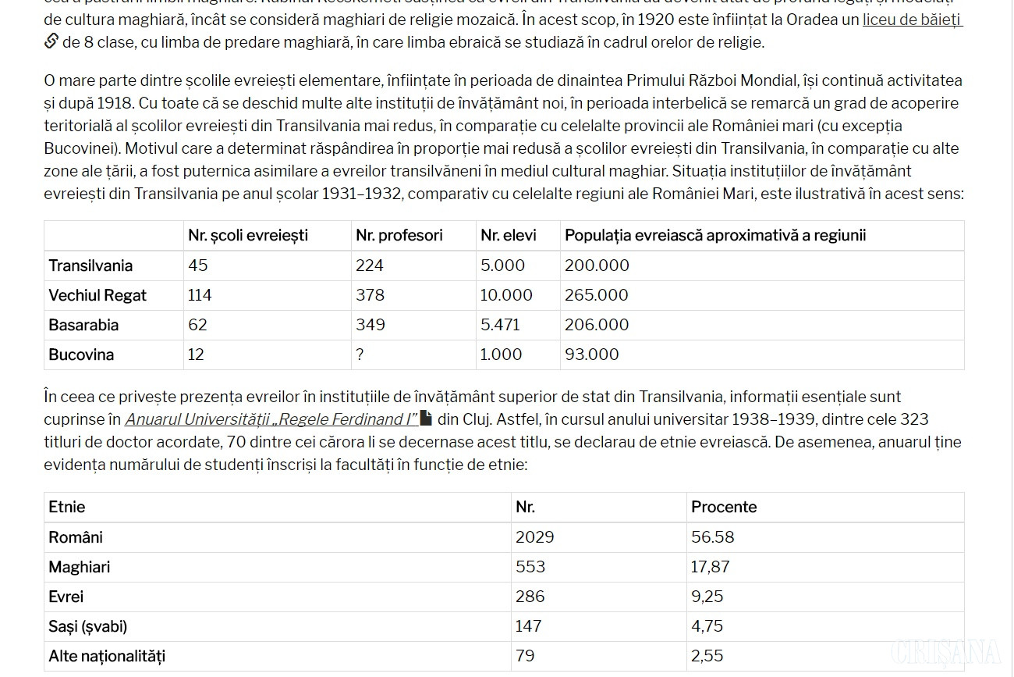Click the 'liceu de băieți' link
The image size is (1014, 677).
pyautogui.click(x=912, y=20)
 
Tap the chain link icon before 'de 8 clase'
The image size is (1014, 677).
pyautogui.click(x=51, y=41)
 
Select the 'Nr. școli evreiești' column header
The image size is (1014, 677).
pyautogui.click(x=248, y=235)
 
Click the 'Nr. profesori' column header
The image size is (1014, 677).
pyautogui.click(x=399, y=235)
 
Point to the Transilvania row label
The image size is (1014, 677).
pyautogui.click(x=90, y=265)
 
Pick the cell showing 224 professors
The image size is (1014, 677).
pyautogui.click(x=370, y=265)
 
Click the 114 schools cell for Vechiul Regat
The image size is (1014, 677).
pyautogui.click(x=200, y=295)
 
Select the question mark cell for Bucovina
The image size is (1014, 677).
pyautogui.click(x=360, y=355)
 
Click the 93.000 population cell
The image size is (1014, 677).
pyautogui.click(x=591, y=355)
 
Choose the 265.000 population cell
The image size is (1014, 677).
pyautogui.click(x=596, y=295)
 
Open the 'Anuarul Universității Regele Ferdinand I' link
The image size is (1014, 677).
pyautogui.click(x=271, y=419)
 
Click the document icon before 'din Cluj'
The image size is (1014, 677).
pyautogui.click(x=426, y=419)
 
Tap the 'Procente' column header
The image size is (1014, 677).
pyautogui.click(x=724, y=507)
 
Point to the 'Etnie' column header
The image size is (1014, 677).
pyautogui.click(x=67, y=507)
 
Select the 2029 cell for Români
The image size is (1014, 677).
pyautogui.click(x=535, y=537)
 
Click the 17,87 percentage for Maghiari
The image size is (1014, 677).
pyautogui.click(x=710, y=567)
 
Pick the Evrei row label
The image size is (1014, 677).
pyautogui.click(x=66, y=597)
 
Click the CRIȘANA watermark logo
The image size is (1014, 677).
pyautogui.click(x=945, y=652)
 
